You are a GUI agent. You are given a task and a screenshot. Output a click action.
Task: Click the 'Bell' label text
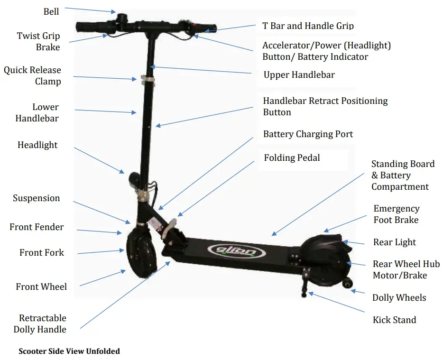(51, 11)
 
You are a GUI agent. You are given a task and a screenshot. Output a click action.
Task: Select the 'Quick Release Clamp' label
(33, 75)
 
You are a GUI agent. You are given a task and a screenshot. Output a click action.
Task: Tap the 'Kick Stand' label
(394, 320)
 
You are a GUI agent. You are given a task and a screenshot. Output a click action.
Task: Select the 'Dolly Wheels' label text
(399, 298)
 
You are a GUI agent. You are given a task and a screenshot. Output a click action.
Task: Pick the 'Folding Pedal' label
(292, 157)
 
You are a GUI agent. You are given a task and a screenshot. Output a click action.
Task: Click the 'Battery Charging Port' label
(308, 134)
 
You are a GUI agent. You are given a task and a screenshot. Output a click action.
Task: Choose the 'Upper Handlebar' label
(299, 75)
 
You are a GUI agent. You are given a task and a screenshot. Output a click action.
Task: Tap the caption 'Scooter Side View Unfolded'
(69, 351)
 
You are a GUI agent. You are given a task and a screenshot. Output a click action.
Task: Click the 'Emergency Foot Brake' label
(396, 214)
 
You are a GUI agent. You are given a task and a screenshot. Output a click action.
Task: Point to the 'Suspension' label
(37, 198)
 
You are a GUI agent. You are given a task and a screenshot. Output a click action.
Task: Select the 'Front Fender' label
(37, 227)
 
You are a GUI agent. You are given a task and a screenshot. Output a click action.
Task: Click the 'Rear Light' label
(395, 242)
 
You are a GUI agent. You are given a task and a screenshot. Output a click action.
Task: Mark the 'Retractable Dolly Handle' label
(40, 323)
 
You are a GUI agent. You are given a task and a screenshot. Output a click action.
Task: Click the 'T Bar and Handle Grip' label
(308, 26)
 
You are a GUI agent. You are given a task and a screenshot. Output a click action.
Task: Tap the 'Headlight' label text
(37, 145)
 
